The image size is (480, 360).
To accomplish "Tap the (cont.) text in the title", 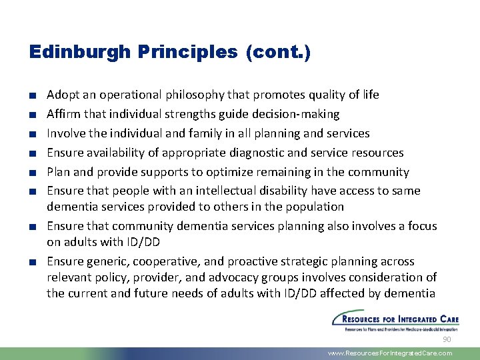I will tap(278, 52).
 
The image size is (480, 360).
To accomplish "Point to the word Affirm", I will tap(63, 114).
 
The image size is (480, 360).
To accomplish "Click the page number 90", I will tap(447, 340).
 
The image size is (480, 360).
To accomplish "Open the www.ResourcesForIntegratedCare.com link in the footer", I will tap(390, 353).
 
